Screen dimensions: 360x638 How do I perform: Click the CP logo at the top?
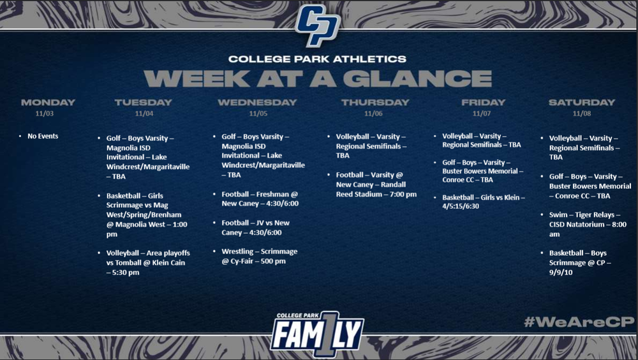318,26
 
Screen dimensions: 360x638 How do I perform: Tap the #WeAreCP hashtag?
578,322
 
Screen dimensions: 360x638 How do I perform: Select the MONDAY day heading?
48,102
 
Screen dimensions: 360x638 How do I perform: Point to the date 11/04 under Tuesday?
144,114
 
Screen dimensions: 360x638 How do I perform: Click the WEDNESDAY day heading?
257,102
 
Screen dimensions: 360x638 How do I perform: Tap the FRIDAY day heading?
483,102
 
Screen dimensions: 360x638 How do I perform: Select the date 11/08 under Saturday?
582,114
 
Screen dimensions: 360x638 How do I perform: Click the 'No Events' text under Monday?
43,136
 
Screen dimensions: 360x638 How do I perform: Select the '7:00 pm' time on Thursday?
401,194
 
